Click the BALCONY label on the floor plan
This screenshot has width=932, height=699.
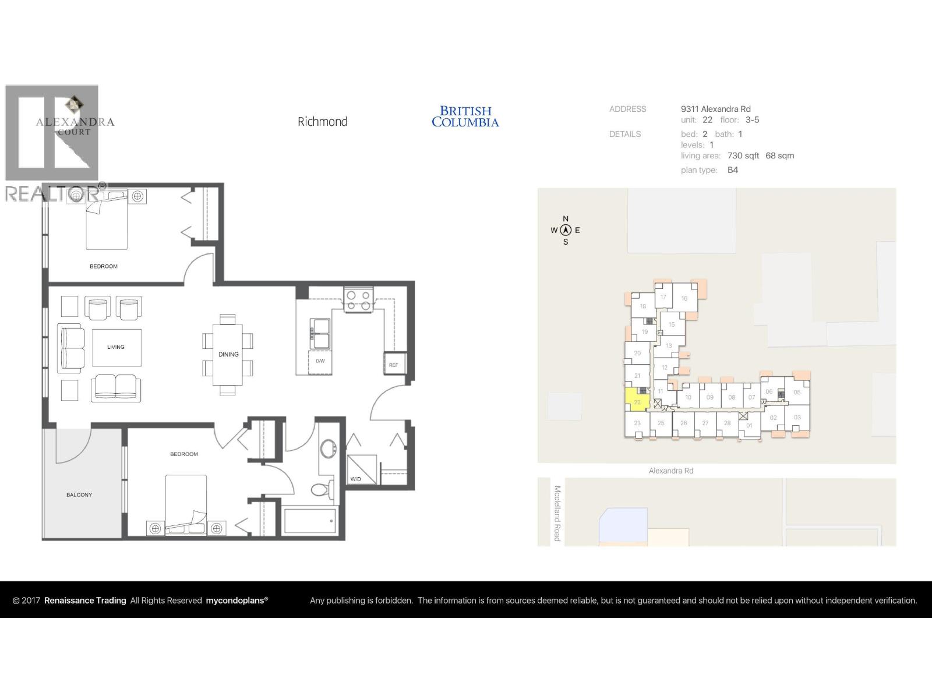click(79, 495)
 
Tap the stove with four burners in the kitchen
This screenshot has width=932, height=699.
click(358, 300)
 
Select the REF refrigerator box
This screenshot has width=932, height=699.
click(394, 363)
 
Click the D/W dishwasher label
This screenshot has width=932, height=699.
click(320, 361)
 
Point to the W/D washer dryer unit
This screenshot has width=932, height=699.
click(361, 469)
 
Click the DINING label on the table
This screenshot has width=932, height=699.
click(228, 354)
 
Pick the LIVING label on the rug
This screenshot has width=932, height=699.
click(116, 347)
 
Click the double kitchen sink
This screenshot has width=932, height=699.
click(320, 333)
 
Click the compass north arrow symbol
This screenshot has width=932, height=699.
click(565, 230)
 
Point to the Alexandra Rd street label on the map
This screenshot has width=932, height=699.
click(671, 471)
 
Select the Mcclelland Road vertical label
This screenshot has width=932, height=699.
click(557, 513)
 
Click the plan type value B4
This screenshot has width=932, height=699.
click(732, 170)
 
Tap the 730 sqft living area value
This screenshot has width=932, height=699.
click(743, 156)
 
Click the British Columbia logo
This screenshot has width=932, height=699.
click(465, 116)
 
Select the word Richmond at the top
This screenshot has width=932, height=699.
click(322, 122)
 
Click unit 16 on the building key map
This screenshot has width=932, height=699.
click(684, 298)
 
